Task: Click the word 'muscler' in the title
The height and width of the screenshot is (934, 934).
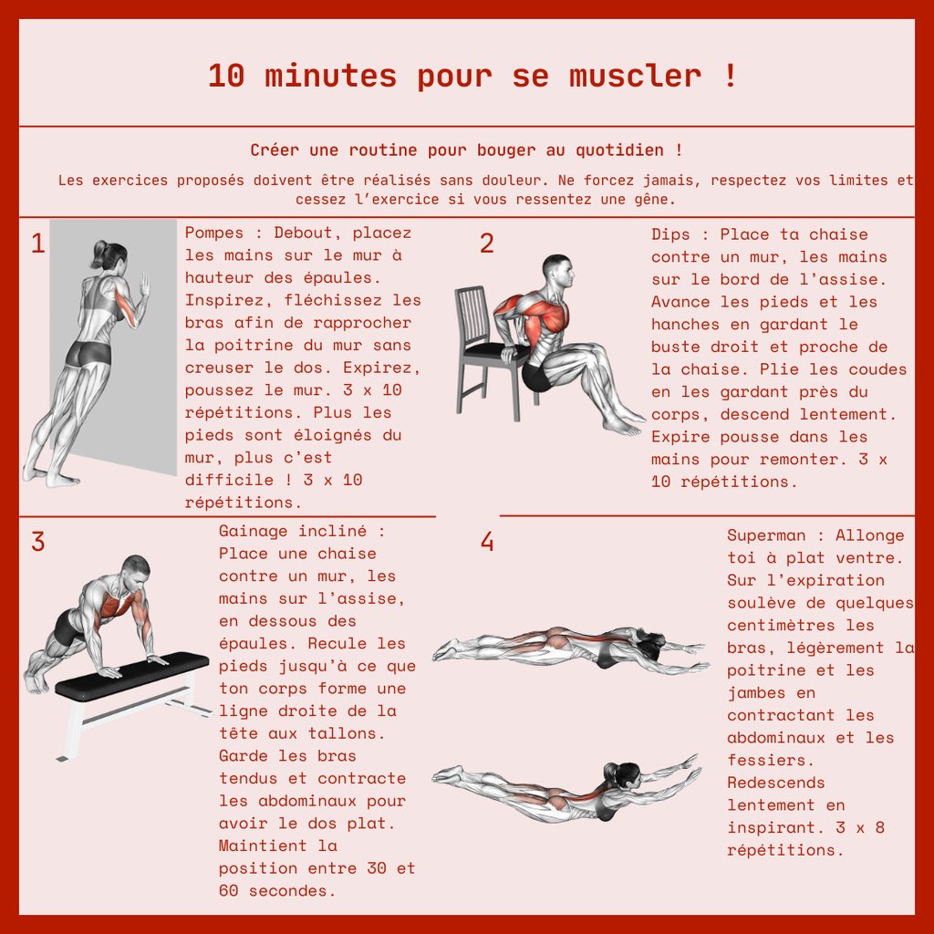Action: coord(635,76)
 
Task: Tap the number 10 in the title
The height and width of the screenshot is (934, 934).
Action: coord(226,77)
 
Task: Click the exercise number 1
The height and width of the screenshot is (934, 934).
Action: coord(37,243)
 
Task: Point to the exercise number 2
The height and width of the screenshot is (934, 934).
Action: coord(487,243)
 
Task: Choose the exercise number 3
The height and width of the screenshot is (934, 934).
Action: coord(37,542)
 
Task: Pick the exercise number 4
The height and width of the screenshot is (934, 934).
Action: coord(487,542)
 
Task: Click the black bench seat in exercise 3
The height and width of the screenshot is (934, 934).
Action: coord(132,676)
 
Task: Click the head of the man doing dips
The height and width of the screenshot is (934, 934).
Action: coord(559,272)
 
